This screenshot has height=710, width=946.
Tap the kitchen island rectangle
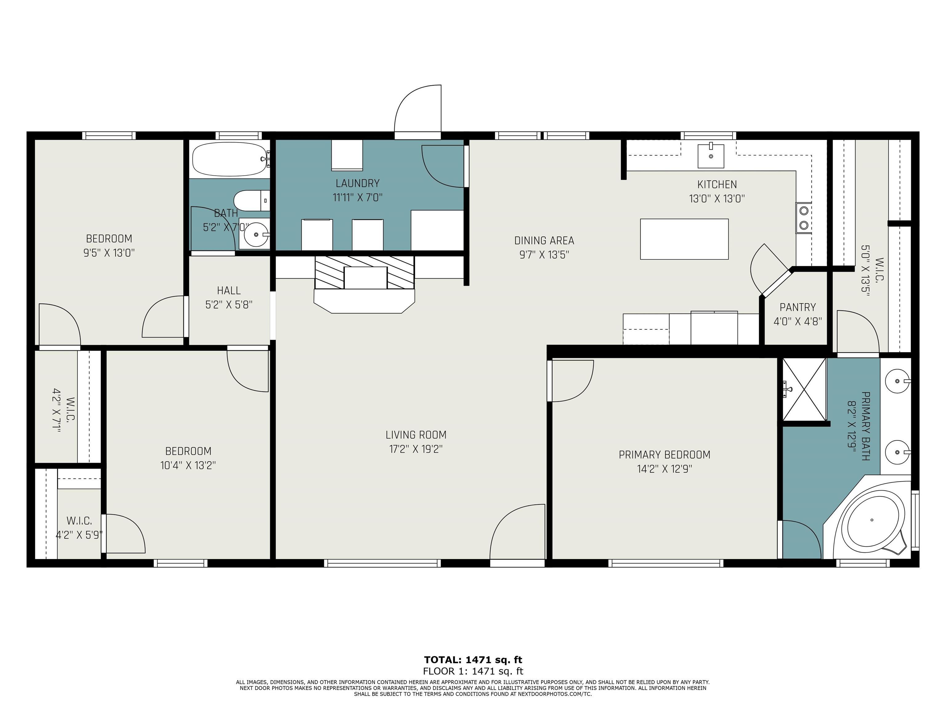point(684,239)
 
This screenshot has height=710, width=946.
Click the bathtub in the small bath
point(230,159)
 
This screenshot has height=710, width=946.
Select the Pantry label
point(798,307)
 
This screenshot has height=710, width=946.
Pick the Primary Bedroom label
point(665,455)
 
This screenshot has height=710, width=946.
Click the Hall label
point(229,291)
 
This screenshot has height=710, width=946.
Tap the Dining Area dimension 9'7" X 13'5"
point(544,255)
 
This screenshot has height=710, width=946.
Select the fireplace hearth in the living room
point(364,301)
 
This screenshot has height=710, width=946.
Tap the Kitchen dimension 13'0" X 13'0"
point(717,198)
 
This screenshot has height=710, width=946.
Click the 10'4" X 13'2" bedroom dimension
point(188,465)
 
